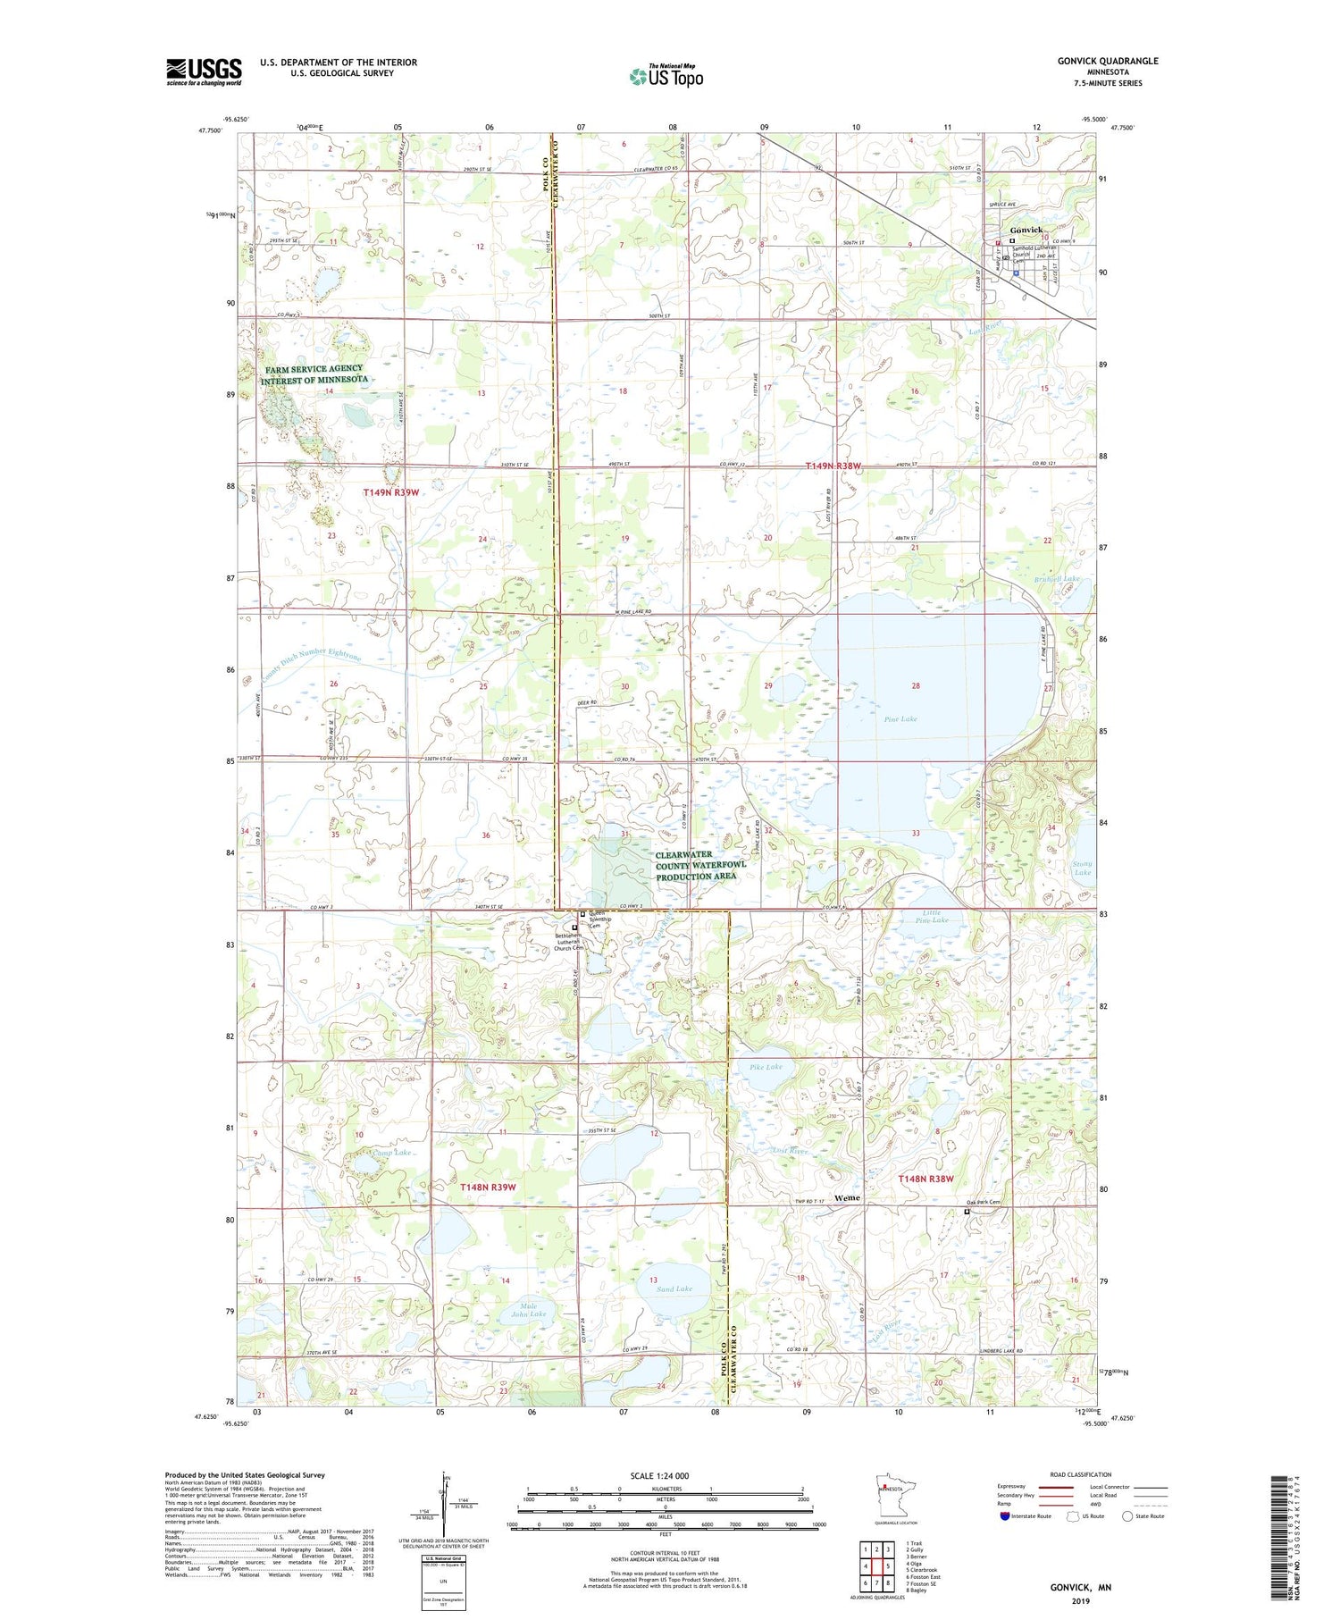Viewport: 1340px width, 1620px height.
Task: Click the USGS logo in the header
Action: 204,71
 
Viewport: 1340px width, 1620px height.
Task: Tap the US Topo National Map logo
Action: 666,76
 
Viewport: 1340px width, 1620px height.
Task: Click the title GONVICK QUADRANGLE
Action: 1107,61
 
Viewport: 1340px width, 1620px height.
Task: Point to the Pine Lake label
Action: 900,718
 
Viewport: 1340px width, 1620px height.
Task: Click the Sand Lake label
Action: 674,1288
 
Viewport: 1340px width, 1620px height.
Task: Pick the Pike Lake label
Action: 766,1066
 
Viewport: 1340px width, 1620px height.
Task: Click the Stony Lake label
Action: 1082,868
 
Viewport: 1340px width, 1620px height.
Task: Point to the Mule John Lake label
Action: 532,1308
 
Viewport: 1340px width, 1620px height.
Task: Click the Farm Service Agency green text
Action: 314,374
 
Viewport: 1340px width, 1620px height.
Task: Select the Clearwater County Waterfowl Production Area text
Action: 696,865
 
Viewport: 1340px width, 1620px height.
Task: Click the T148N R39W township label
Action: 488,1187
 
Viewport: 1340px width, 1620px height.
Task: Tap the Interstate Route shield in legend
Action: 1004,1515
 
